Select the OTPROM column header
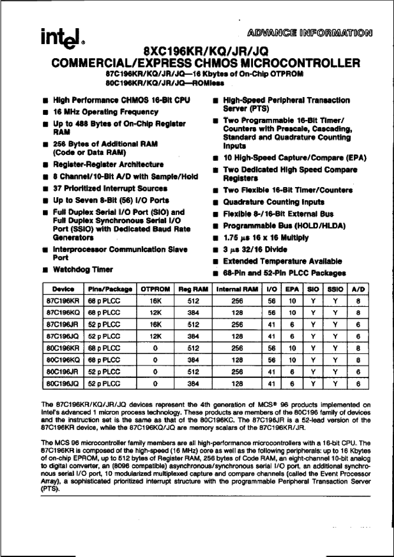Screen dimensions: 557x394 pos(155,289)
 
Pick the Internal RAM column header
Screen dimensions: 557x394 pos(237,289)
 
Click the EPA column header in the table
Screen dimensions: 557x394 pos(292,289)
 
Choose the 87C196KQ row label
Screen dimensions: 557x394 pos(63,313)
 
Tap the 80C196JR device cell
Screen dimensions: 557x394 pos(63,372)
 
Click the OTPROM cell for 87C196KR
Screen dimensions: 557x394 pos(155,301)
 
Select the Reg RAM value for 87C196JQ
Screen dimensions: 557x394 pos(193,336)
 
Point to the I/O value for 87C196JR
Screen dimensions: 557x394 pos(271,325)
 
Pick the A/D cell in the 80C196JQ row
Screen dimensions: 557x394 pos(358,384)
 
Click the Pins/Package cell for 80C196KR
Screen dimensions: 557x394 pos(104,348)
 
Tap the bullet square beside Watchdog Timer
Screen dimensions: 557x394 pos(46,270)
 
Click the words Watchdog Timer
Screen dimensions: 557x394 pos(83,269)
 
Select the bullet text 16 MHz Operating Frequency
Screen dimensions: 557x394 pos(106,112)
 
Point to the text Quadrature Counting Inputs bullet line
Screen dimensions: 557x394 pos(274,202)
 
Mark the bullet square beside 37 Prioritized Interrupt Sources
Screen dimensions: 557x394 pos(46,189)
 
